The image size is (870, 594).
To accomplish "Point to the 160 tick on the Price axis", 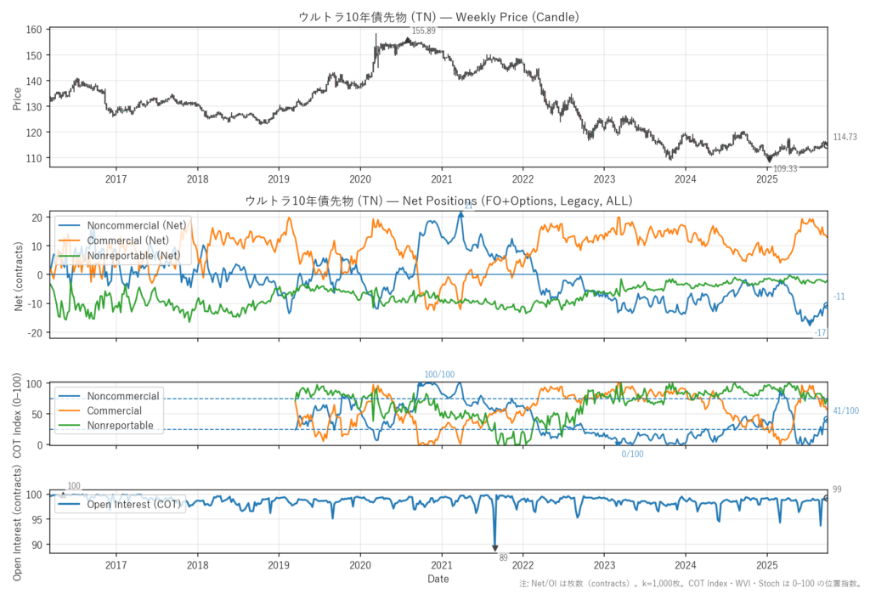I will click(36, 30).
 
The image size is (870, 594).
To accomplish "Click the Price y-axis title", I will click(17, 98).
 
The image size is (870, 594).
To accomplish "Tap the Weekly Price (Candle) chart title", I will click(438, 16).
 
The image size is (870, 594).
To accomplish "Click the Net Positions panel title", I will click(438, 201).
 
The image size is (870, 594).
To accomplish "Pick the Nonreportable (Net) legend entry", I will click(133, 255).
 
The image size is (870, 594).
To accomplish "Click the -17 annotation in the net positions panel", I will click(821, 332).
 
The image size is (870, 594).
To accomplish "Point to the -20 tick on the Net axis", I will click(34, 332).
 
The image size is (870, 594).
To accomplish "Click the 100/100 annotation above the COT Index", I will click(439, 375).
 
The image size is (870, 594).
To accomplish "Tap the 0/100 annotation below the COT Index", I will click(632, 454).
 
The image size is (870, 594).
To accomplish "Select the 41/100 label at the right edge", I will click(845, 411).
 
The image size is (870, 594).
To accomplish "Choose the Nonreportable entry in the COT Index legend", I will click(120, 425).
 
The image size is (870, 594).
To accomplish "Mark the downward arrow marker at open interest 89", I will click(494, 548).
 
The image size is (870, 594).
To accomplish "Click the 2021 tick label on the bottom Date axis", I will click(441, 565).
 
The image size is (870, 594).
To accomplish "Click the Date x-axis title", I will click(438, 579).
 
